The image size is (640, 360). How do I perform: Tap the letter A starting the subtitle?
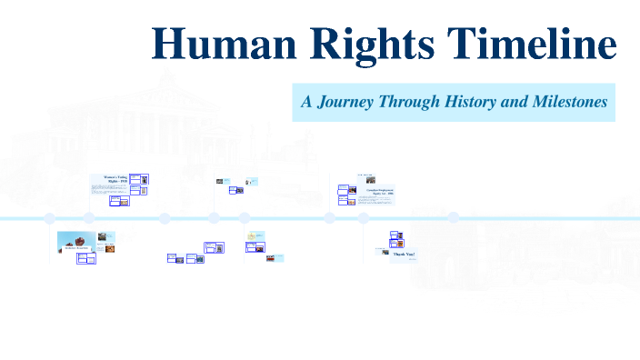(x=306, y=102)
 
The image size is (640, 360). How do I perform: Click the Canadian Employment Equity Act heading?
(x=379, y=190)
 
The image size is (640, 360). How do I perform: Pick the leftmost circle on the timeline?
(x=50, y=218)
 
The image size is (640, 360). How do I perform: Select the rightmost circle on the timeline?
(x=454, y=218)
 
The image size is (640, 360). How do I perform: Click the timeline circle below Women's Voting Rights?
(x=89, y=218)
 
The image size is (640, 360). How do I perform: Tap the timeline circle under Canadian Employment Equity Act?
(x=363, y=218)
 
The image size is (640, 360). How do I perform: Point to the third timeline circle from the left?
(x=165, y=218)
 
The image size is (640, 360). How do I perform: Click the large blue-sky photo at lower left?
(x=74, y=242)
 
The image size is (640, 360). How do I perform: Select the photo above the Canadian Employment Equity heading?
(x=371, y=180)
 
